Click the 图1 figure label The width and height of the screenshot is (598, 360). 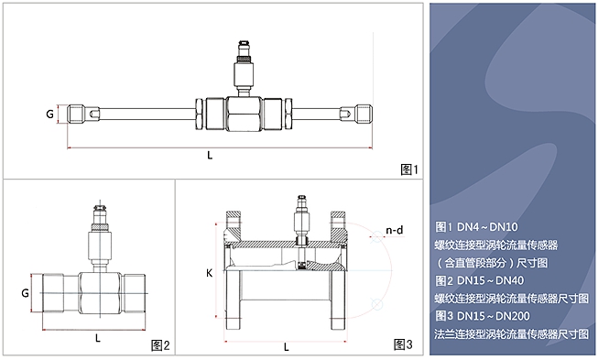coord(409,169)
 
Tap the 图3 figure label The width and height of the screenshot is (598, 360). coord(403,344)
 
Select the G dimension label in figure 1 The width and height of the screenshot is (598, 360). coord(49,115)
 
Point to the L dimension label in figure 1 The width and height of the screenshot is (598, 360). coord(210,156)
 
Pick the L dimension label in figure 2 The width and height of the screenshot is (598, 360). coord(98,337)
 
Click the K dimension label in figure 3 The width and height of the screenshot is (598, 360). coord(209,274)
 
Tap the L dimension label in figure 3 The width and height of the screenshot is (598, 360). coord(287,347)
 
